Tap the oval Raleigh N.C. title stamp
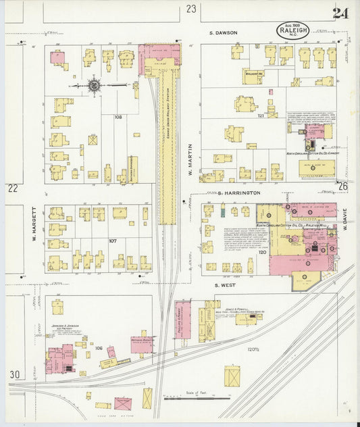coord(292,30)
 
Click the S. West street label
coord(224,285)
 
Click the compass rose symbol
coord(95,85)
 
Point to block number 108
coord(118,117)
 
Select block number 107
coord(112,241)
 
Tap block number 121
coord(259,116)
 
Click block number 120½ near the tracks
coord(253,349)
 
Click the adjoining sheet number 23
coord(191,9)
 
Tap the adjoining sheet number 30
coord(14,374)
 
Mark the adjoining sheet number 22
coord(12,189)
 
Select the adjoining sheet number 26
coord(343,186)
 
